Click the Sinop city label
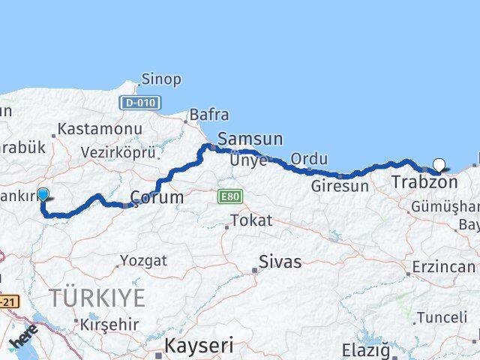pyautogui.click(x=160, y=79)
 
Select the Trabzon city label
pyautogui.click(x=424, y=182)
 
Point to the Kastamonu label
pyautogui.click(x=100, y=129)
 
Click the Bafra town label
pyautogui.click(x=209, y=115)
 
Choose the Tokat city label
pyautogui.click(x=251, y=220)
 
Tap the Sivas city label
pyautogui.click(x=280, y=262)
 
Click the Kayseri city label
pyautogui.click(x=199, y=346)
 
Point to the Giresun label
pyautogui.click(x=340, y=186)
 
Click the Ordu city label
pyautogui.click(x=310, y=159)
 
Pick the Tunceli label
pyautogui.click(x=442, y=317)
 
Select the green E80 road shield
pyautogui.click(x=229, y=196)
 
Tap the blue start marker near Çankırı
pyautogui.click(x=43, y=195)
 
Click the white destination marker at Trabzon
pyautogui.click(x=439, y=165)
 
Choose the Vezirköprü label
pyautogui.click(x=119, y=152)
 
